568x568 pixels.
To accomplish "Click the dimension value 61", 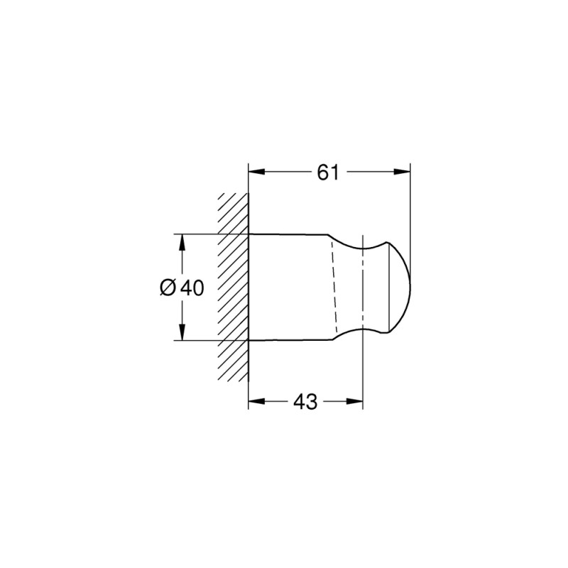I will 327,173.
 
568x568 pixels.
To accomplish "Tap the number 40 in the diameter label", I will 191,288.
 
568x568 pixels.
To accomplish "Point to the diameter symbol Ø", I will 168,288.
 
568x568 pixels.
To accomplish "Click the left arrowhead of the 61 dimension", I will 256,172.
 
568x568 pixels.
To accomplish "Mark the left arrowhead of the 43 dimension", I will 256,402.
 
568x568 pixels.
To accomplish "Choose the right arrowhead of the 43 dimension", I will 356,402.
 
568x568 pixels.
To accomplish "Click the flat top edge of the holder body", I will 288,234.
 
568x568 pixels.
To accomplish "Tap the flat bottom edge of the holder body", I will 288,340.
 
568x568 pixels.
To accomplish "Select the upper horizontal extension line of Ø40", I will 209,234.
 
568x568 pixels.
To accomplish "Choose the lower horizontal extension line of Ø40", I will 209,341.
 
